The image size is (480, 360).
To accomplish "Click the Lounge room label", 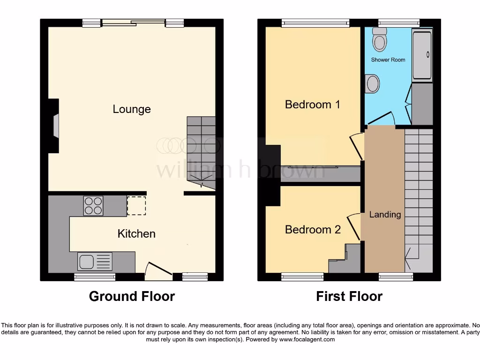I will pyautogui.click(x=132, y=109).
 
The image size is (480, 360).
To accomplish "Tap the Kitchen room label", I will pyautogui.click(x=136, y=233).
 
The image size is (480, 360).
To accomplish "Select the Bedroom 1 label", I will pyautogui.click(x=313, y=104).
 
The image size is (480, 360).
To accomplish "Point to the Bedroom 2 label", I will pyautogui.click(x=313, y=229).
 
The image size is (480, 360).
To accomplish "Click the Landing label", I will pyautogui.click(x=385, y=215).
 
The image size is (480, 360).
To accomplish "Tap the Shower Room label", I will pyautogui.click(x=388, y=60).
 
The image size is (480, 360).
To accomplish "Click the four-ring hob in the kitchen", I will pyautogui.click(x=93, y=206).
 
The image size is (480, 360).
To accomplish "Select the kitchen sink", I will pyautogui.click(x=95, y=262).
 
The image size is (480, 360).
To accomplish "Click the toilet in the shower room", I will pyautogui.click(x=379, y=39).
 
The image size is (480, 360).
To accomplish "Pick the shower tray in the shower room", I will pyautogui.click(x=422, y=55).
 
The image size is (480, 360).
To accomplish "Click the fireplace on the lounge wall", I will pyautogui.click(x=56, y=126).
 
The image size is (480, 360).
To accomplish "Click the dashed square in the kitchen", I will pyautogui.click(x=136, y=206).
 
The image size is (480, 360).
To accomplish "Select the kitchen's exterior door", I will pyautogui.click(x=158, y=271).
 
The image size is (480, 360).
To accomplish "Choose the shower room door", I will pyautogui.click(x=383, y=118).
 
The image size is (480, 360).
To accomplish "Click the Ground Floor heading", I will pyautogui.click(x=132, y=296).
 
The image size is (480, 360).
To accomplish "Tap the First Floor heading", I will pyautogui.click(x=349, y=296).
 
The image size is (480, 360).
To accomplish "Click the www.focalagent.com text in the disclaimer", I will pyautogui.click(x=307, y=339).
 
